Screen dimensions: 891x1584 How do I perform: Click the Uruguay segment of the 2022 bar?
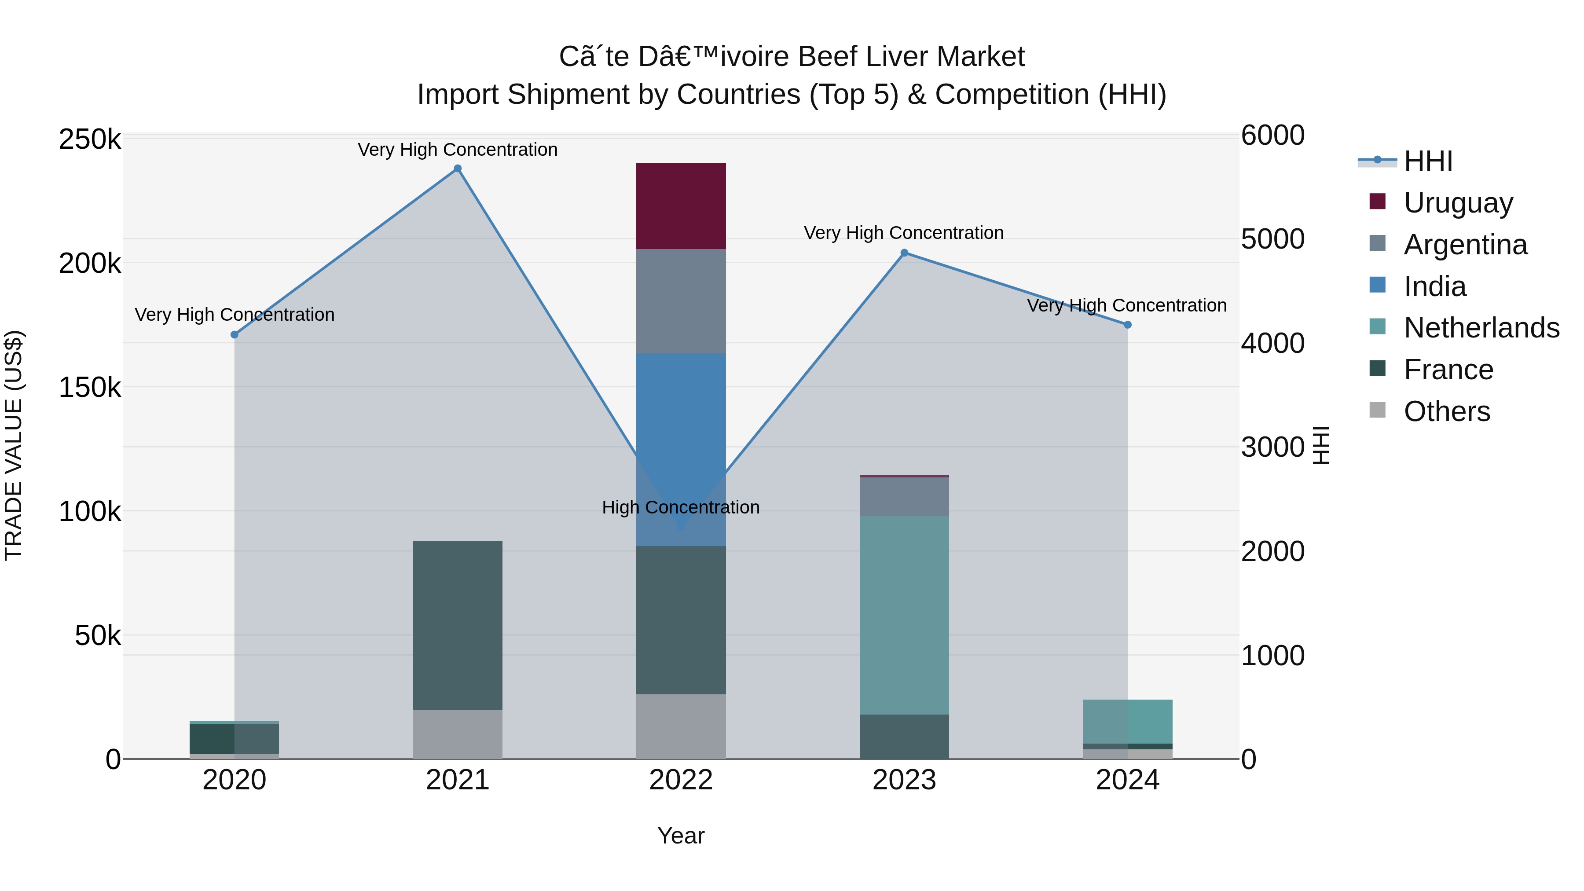[x=681, y=206]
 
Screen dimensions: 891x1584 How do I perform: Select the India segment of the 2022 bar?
[x=681, y=430]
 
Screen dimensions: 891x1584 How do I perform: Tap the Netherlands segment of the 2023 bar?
[x=904, y=615]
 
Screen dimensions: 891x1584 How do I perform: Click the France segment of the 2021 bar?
[x=458, y=625]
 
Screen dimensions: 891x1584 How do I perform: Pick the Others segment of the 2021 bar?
[x=458, y=734]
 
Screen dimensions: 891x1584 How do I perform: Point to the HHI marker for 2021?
[x=458, y=169]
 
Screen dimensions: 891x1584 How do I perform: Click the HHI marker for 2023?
[x=904, y=253]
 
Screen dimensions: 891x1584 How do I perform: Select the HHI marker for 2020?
[x=234, y=334]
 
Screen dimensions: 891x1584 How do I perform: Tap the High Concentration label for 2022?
[x=681, y=507]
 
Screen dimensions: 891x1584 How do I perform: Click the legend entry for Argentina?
[x=1465, y=245]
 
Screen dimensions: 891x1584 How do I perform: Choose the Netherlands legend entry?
[x=1481, y=328]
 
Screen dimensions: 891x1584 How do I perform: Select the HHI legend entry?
[x=1428, y=161]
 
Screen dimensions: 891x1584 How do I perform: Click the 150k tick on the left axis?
[x=90, y=387]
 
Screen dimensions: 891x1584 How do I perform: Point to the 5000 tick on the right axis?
[x=1272, y=239]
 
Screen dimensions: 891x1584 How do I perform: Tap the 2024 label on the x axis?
[x=1127, y=780]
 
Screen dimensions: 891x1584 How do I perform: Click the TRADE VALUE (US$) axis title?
[x=14, y=445]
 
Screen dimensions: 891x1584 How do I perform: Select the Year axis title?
[x=681, y=836]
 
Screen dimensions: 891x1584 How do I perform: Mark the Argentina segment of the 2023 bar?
[x=904, y=496]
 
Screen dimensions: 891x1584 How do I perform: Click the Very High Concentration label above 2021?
[x=458, y=150]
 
